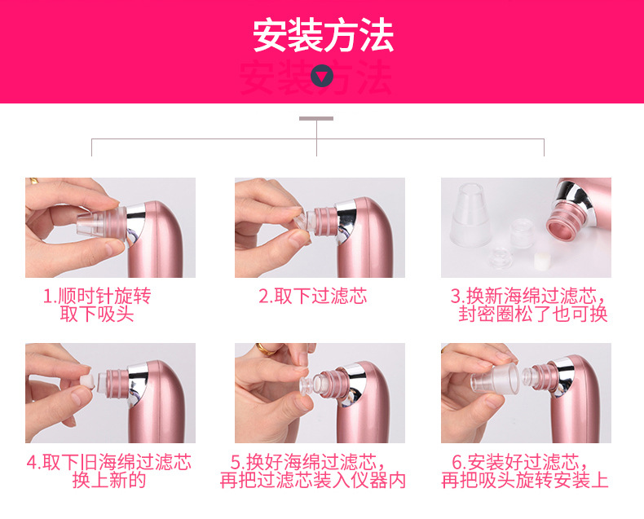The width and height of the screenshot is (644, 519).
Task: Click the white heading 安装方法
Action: pos(324,35)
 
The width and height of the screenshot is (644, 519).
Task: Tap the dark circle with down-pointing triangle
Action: pos(321,76)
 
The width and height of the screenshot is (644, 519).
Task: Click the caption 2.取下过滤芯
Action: pos(313,296)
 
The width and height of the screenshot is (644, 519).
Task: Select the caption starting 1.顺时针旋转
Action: pos(97,305)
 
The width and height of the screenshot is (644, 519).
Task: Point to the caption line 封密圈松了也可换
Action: pos(532,314)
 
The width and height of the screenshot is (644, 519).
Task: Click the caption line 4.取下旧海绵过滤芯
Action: pos(109,462)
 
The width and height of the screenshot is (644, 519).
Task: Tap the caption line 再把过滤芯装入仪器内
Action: pos(313,481)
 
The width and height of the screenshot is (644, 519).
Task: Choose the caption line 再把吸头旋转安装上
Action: pos(525,481)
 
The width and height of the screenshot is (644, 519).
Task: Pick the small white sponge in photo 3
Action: pos(540,261)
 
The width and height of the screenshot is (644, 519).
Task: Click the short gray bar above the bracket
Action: pos(316,119)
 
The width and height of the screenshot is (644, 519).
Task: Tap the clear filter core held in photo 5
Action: pos(311,386)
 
